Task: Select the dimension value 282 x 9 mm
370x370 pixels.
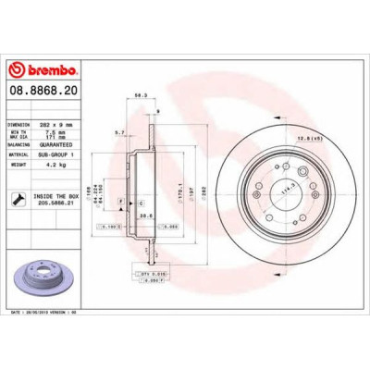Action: tap(60, 123)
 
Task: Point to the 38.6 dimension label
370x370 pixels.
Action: tap(145, 216)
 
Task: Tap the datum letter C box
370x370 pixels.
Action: tap(140, 201)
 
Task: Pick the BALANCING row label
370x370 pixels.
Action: tap(20, 144)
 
